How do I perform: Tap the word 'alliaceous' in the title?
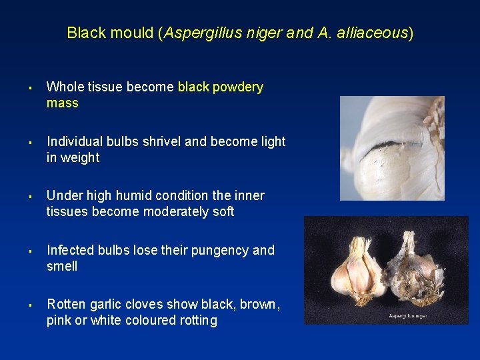coord(375,33)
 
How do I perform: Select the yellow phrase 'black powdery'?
coord(221,87)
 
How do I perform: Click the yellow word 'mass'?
coord(62,103)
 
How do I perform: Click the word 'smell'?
coord(62,267)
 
